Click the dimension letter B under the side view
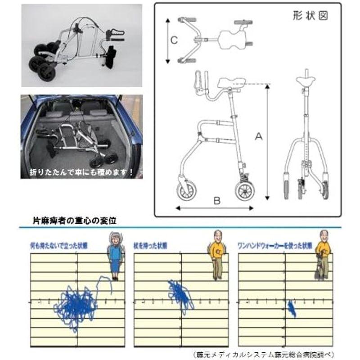[x=216, y=202]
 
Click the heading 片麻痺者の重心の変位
[x=75, y=221]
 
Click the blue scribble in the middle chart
[x=180, y=295]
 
